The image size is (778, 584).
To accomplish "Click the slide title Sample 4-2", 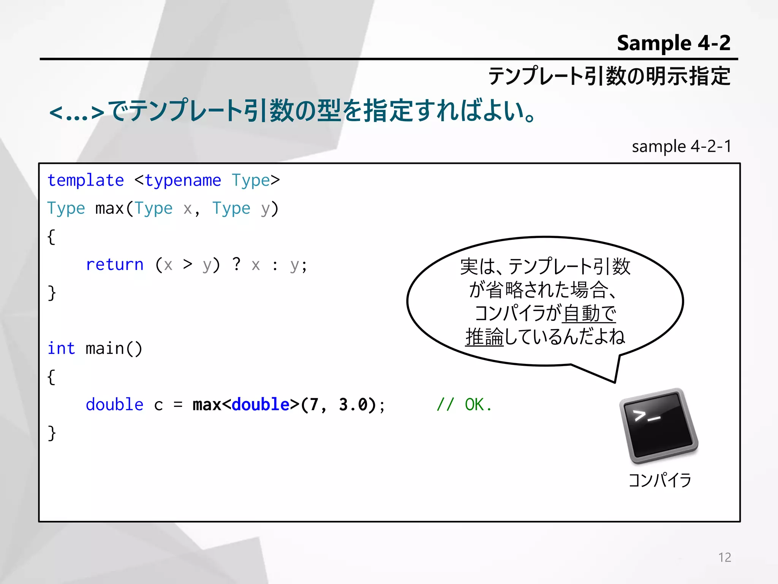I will coord(673,43).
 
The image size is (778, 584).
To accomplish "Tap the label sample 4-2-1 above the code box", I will coord(682,146).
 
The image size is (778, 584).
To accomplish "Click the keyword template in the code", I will coord(85,181).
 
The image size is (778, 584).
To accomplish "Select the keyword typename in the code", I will coord(183,181).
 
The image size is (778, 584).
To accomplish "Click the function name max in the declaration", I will coord(109,209).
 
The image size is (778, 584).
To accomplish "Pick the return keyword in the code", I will coord(114,265).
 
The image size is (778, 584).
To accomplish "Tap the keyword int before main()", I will coord(61,349).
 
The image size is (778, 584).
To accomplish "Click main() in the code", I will coord(114,349).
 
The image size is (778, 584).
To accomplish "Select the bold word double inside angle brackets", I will coord(261,405).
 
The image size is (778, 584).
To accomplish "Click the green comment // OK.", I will coord(464,405).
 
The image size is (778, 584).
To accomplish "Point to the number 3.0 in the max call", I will coord(353,405).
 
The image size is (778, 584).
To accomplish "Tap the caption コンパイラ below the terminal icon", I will coord(660,480).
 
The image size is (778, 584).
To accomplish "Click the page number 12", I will coord(724,557).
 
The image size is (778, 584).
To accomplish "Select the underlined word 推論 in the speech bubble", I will coord(484,337).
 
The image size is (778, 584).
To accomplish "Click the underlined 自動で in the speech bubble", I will coord(589,313).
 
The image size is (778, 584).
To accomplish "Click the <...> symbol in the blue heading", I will coord(77,113).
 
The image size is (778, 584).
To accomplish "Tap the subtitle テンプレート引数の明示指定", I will coord(609,76).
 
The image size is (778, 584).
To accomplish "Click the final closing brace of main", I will coord(52,433).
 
